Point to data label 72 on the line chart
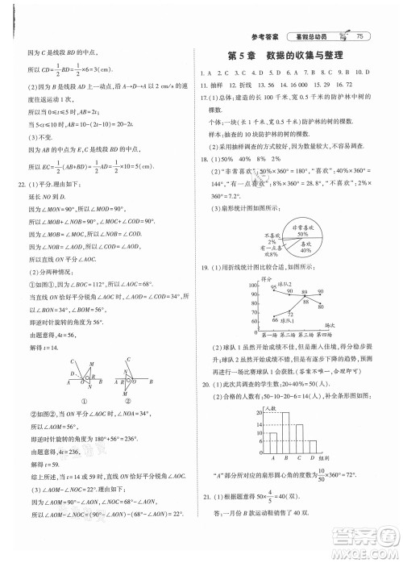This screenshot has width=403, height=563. point(291,313)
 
